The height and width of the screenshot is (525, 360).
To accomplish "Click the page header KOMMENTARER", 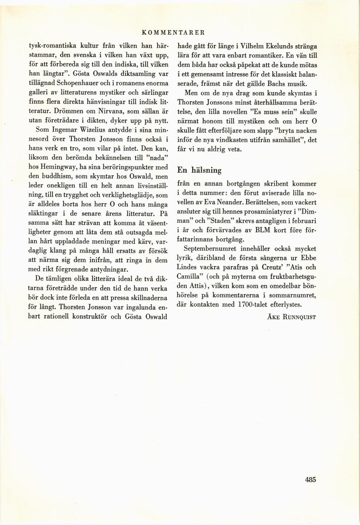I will (x=173, y=32).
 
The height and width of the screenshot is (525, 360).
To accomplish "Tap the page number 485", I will (x=310, y=479).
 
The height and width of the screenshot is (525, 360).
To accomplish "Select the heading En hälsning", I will (x=199, y=170).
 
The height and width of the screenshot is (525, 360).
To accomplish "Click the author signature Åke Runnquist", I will (x=291, y=317).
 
